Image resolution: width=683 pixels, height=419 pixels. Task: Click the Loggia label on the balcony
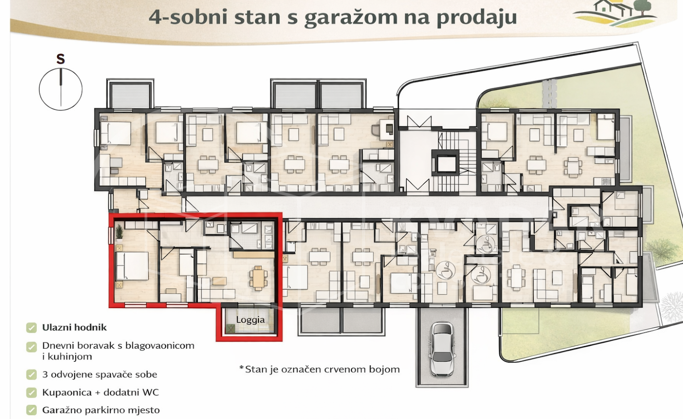click(x=250, y=320)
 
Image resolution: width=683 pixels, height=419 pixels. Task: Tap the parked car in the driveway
click(x=442, y=350)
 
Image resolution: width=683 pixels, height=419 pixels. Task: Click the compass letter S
click(x=61, y=59)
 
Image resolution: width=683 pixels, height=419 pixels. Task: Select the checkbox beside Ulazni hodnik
click(x=31, y=328)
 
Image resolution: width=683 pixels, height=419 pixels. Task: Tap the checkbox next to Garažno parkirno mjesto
click(x=31, y=410)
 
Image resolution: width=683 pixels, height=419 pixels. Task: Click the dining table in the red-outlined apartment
click(x=258, y=278)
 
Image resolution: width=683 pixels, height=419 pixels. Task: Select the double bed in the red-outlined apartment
click(x=132, y=266)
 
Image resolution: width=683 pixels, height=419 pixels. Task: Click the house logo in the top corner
click(x=615, y=14)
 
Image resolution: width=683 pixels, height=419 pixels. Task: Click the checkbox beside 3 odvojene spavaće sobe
click(x=31, y=375)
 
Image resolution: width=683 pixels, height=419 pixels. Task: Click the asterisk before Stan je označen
click(x=241, y=368)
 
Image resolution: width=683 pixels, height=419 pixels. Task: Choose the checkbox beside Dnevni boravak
click(x=31, y=347)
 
